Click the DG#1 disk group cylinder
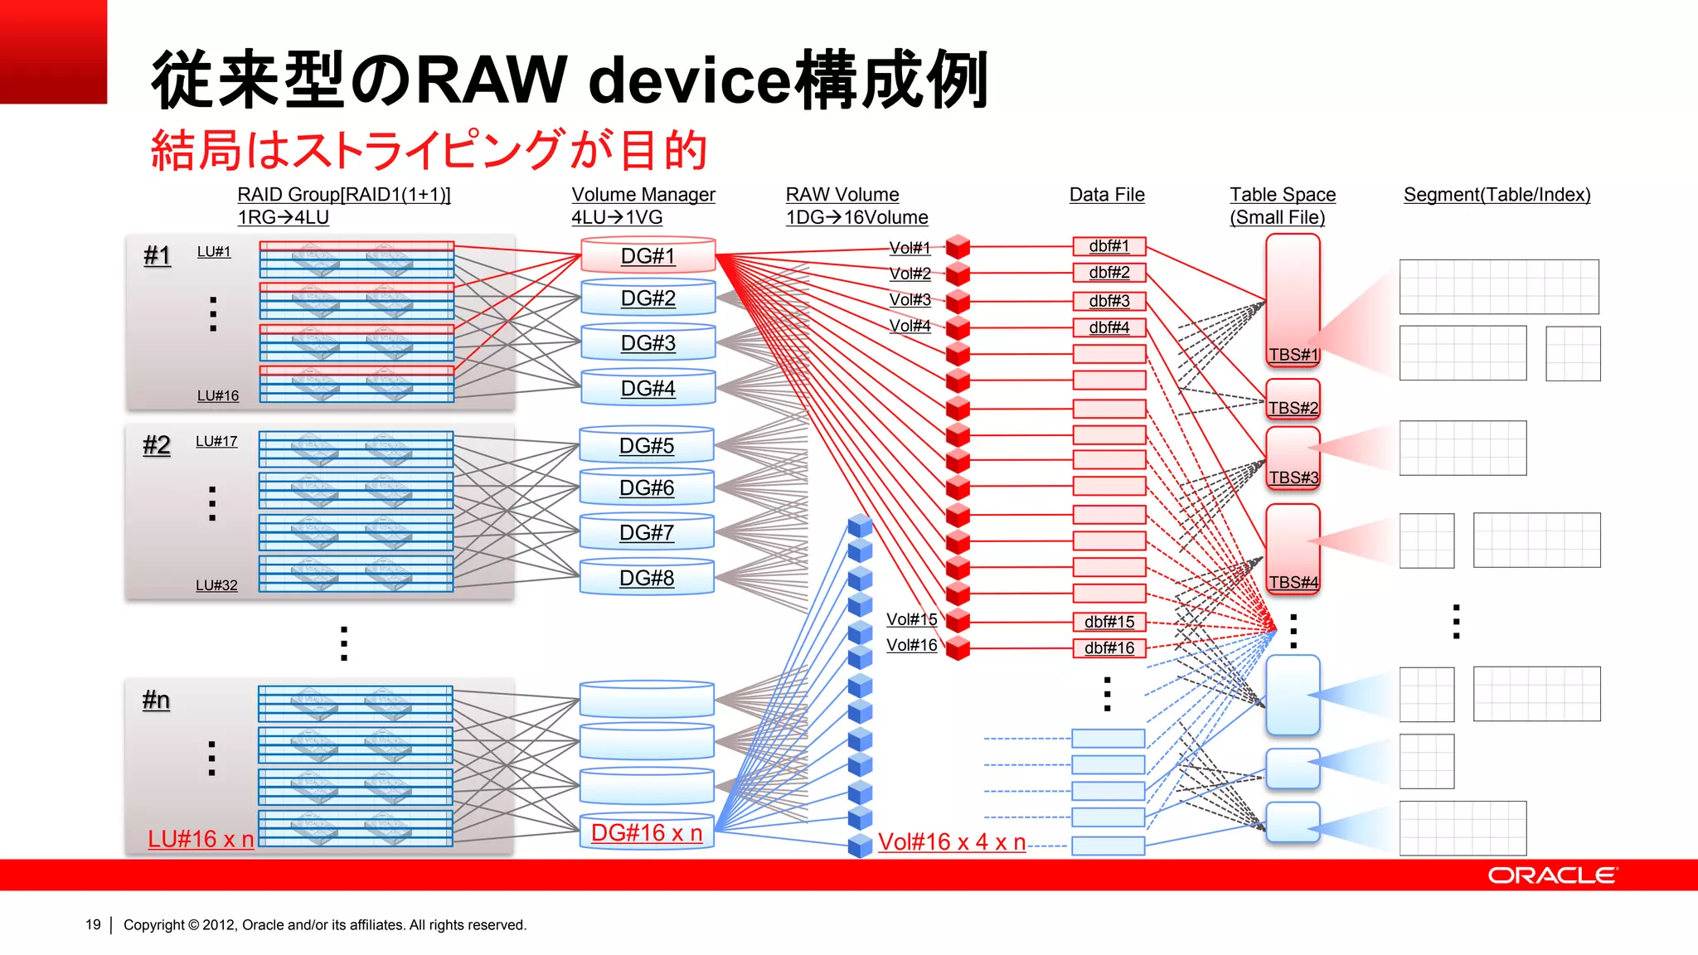[648, 255]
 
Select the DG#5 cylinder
[647, 445]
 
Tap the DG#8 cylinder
[647, 578]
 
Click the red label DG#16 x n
[647, 832]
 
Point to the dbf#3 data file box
[1109, 301]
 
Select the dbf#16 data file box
[1109, 647]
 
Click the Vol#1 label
[910, 247]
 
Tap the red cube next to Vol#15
[958, 620]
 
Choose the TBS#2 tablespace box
[1293, 400]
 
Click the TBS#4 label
[1293, 582]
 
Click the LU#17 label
[216, 441]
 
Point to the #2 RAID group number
[157, 445]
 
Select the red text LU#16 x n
[201, 839]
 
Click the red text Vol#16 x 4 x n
[952, 841]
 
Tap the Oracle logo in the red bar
[1551, 875]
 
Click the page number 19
[93, 924]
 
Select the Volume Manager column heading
[643, 195]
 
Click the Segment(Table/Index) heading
[1497, 195]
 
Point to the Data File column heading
[1107, 195]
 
